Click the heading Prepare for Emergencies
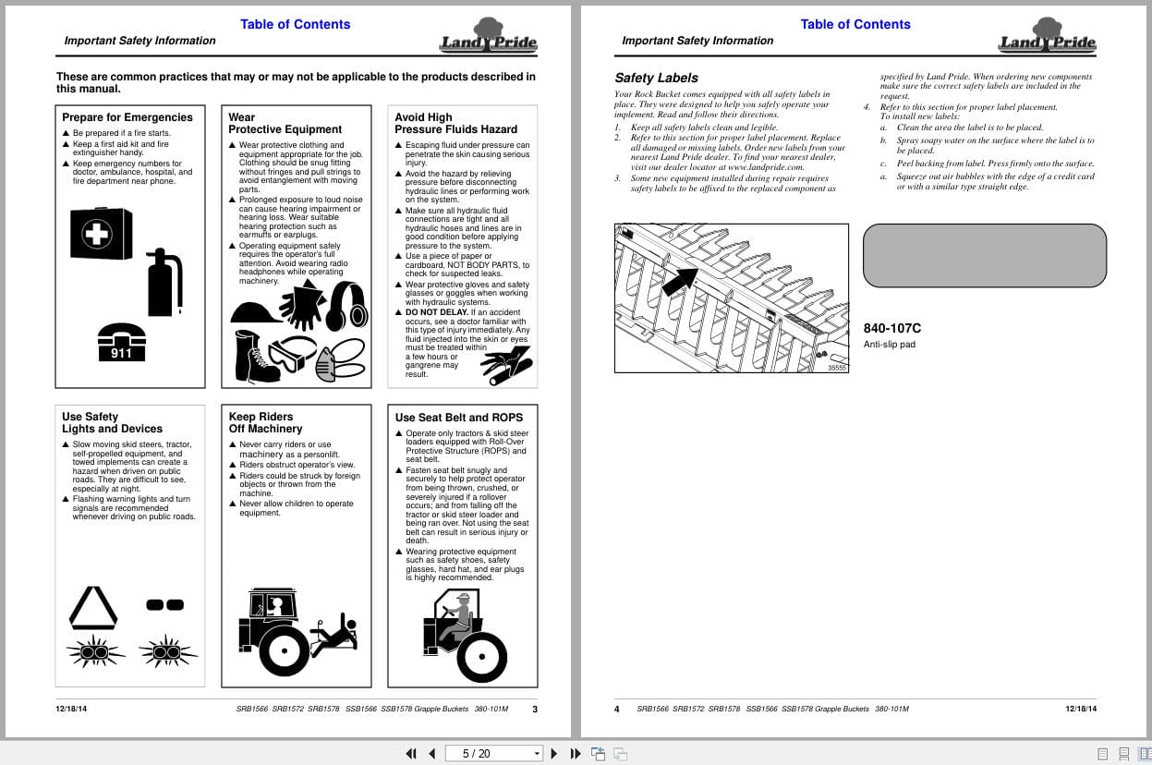click(127, 117)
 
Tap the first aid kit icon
click(102, 234)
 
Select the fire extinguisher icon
click(165, 282)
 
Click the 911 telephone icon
click(121, 341)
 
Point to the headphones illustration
click(346, 306)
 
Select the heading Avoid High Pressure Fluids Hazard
click(455, 123)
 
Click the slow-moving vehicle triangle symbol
click(93, 608)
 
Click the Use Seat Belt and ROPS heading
click(458, 418)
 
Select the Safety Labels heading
click(656, 78)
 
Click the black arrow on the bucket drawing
click(681, 278)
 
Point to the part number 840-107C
click(891, 328)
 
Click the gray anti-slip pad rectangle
click(984, 255)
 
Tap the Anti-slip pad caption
click(889, 345)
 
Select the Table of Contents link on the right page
click(855, 24)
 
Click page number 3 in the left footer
click(534, 710)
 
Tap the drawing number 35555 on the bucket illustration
click(836, 368)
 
